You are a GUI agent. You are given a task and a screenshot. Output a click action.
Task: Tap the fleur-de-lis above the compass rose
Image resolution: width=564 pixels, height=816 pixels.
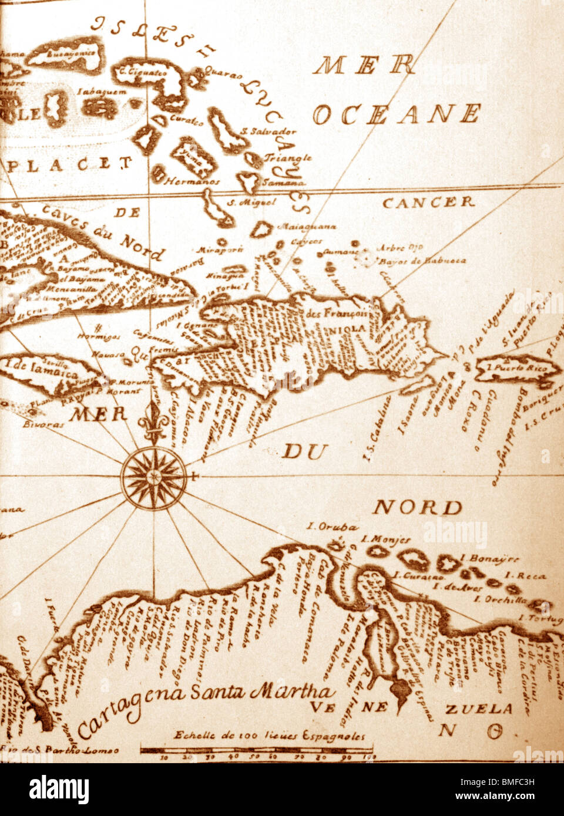(x=154, y=420)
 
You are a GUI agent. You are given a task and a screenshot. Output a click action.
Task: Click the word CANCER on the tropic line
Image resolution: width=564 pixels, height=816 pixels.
(x=428, y=203)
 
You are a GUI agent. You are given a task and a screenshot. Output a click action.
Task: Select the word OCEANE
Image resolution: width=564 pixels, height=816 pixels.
(x=397, y=114)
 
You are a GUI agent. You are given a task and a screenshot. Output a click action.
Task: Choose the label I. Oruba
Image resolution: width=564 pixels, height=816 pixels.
(x=332, y=527)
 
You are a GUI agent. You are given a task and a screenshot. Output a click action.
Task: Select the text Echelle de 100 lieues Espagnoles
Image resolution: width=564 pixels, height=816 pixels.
(x=269, y=736)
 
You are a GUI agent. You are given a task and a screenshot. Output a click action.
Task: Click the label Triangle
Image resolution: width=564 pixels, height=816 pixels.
(x=288, y=158)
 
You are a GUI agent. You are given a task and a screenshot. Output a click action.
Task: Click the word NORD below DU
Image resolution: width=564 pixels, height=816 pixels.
(x=418, y=507)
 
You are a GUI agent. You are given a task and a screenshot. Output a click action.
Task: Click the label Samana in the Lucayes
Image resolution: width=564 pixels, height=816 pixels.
(x=280, y=182)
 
